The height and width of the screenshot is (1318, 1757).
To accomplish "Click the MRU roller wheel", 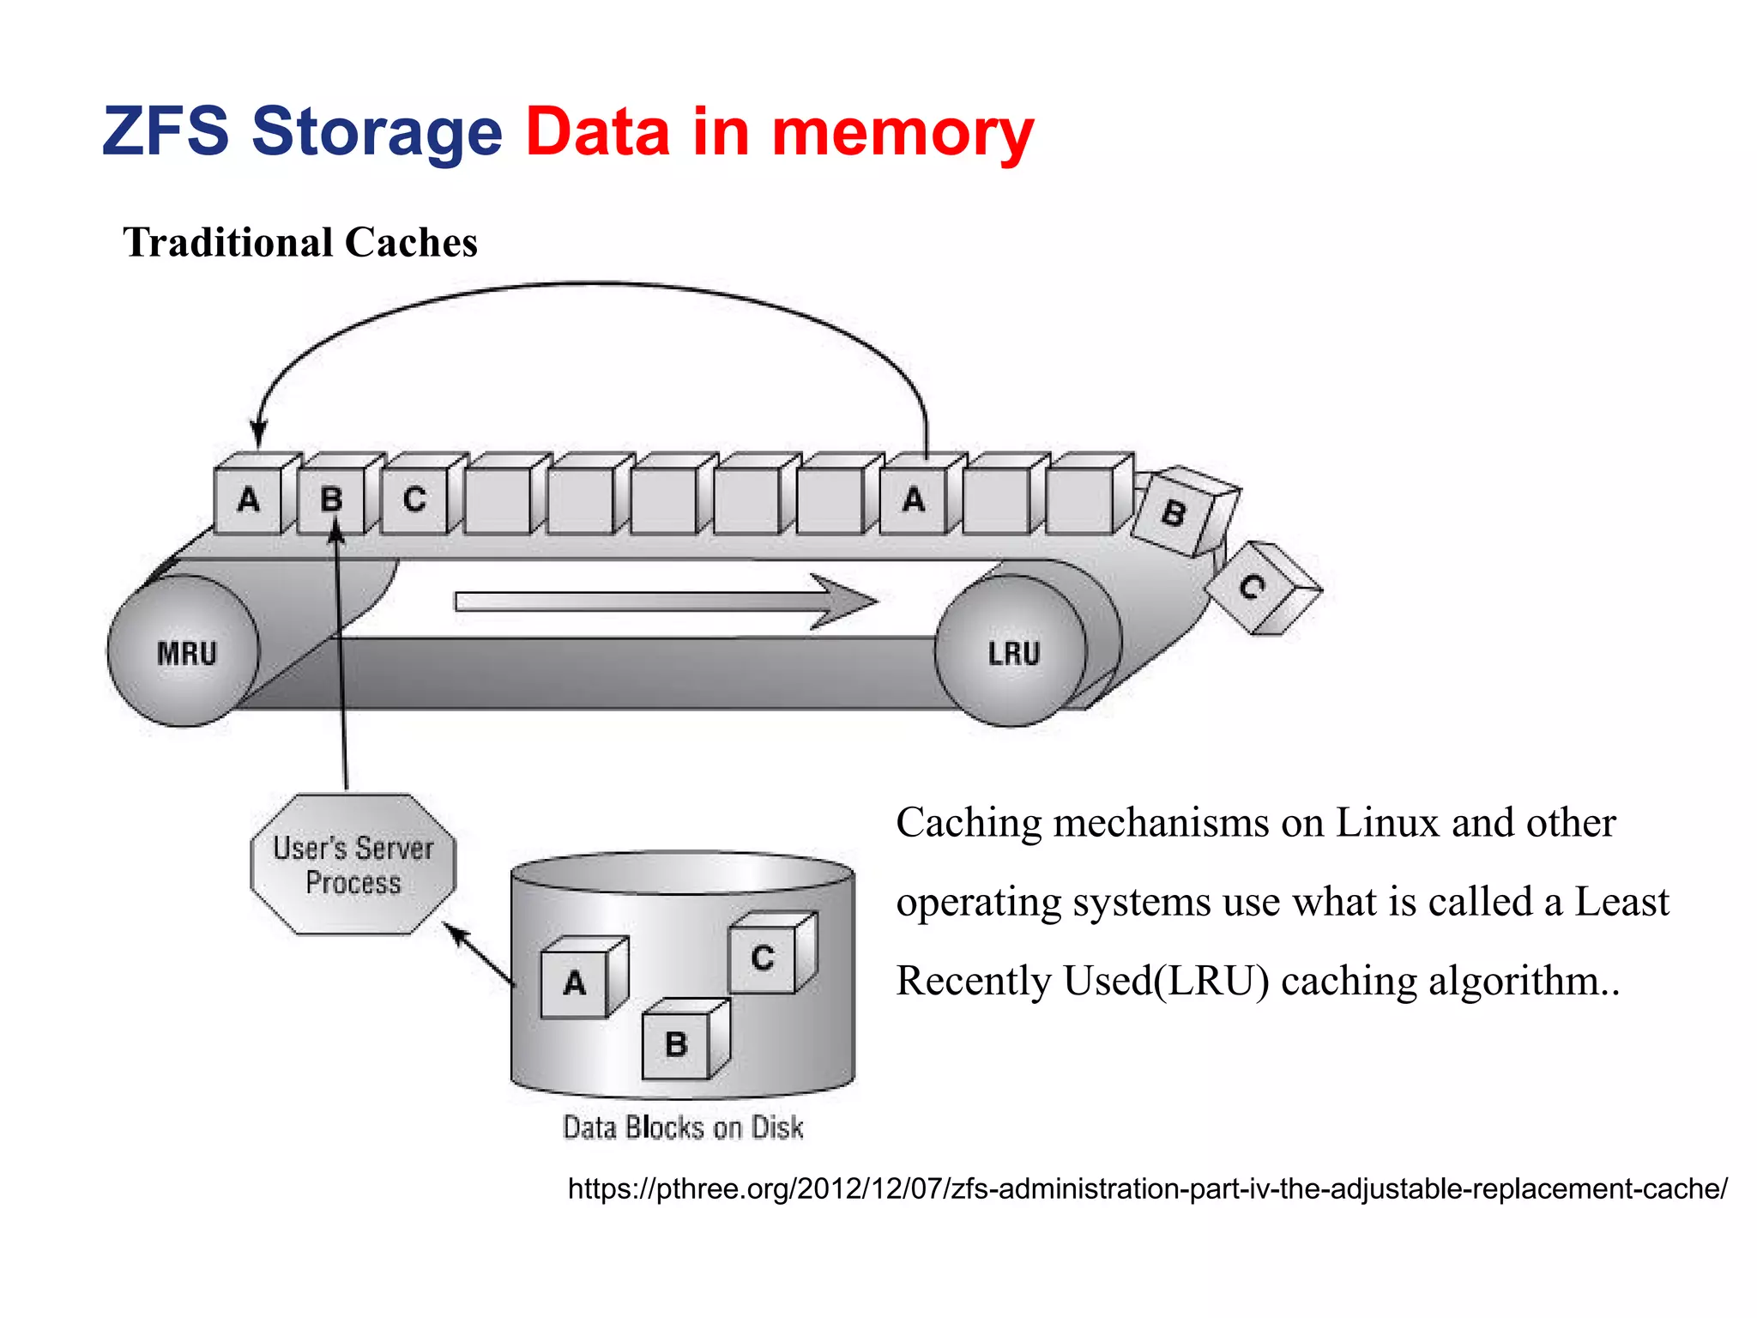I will click(x=184, y=652).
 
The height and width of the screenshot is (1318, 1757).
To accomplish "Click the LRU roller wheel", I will click(x=1012, y=652).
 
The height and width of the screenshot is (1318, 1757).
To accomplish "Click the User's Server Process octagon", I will click(x=353, y=865).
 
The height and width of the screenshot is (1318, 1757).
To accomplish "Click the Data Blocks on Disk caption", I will click(x=683, y=1128).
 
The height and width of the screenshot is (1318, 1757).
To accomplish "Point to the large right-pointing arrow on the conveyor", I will click(x=666, y=601).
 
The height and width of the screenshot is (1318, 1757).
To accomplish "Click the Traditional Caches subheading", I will click(x=300, y=243).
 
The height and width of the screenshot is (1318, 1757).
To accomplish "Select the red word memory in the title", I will click(x=903, y=133).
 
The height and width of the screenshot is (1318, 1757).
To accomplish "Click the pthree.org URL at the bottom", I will click(x=1147, y=1189).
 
